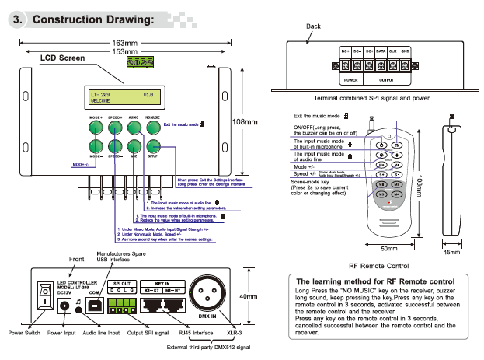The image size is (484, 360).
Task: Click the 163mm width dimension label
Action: pyautogui.click(x=125, y=42)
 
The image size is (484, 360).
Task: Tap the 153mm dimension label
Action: pyautogui.click(x=125, y=51)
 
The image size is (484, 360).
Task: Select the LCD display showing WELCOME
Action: pyautogui.click(x=125, y=97)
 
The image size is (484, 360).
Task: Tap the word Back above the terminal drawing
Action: pyautogui.click(x=313, y=26)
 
